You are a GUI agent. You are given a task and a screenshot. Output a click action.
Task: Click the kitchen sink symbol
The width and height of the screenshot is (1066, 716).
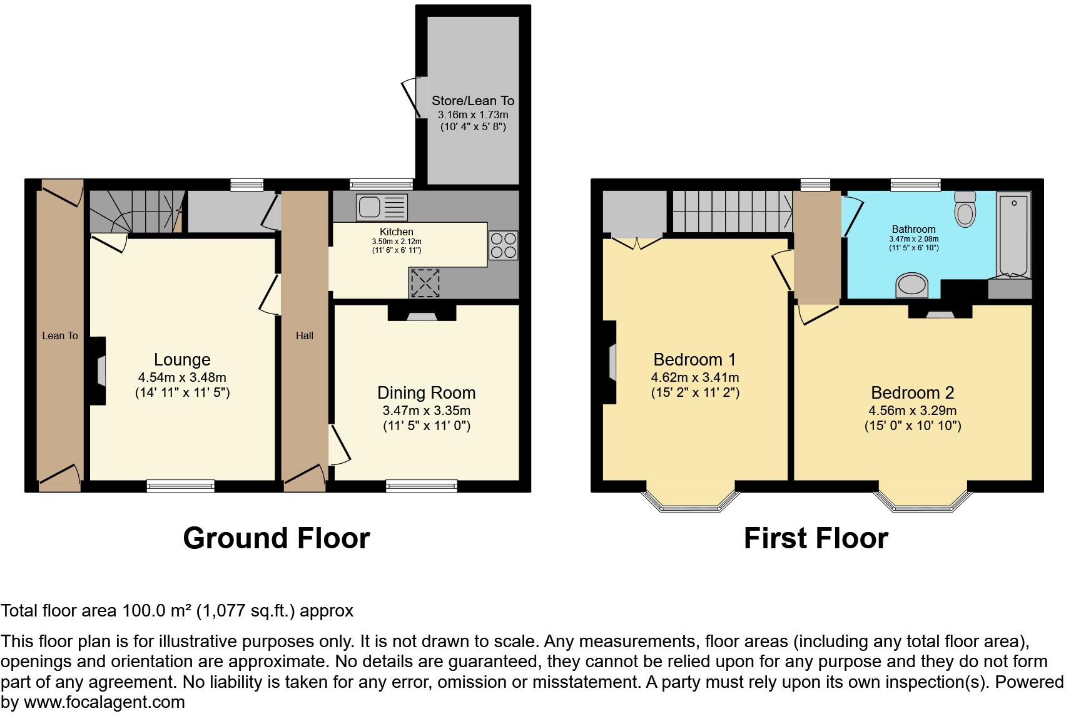[x=382, y=207]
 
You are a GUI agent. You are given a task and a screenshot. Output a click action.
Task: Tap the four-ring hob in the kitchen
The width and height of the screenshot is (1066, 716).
[x=503, y=245]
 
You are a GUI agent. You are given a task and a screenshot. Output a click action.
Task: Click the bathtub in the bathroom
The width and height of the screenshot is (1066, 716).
[x=1013, y=234]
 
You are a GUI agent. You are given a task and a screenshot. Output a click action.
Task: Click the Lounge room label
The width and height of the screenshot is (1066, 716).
[x=182, y=359]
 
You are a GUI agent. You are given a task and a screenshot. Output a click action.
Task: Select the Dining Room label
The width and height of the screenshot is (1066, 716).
[x=426, y=392]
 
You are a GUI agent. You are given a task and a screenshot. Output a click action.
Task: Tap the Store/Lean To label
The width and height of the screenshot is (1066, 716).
[x=472, y=101]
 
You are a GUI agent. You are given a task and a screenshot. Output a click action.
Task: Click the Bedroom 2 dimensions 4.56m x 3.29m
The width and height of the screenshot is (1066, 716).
[x=912, y=411]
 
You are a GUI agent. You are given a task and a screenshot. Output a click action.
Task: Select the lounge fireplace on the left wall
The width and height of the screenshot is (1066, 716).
[x=98, y=371]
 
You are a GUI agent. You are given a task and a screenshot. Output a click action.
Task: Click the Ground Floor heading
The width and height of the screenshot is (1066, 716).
[x=276, y=538]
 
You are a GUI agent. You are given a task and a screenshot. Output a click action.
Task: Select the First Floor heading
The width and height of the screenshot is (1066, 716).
[x=815, y=538]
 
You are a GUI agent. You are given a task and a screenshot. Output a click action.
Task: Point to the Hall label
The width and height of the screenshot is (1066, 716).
[x=305, y=335]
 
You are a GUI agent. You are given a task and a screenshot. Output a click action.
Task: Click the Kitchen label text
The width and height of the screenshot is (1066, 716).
[x=396, y=232]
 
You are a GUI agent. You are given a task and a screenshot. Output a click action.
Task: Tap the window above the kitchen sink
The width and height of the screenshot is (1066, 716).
[x=381, y=184]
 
